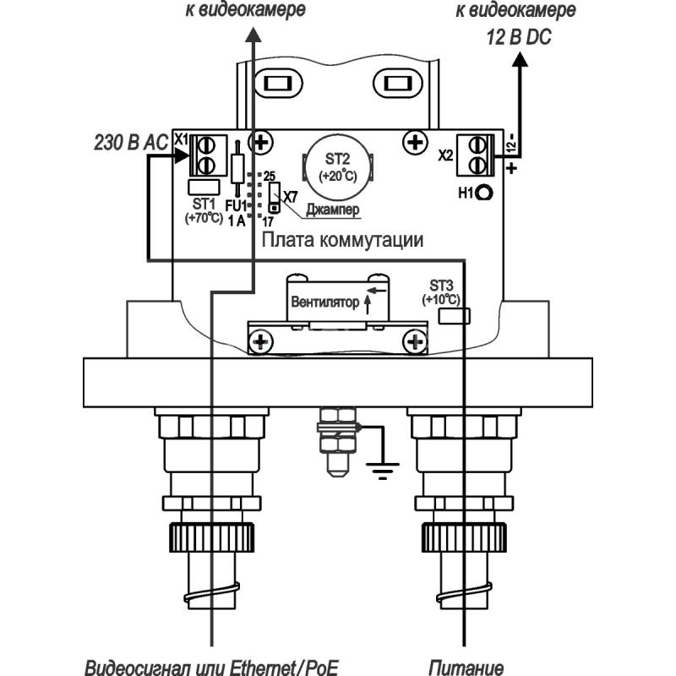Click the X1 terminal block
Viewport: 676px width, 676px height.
click(208, 155)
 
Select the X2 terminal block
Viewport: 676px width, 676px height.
click(475, 155)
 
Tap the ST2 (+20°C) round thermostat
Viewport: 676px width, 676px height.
click(337, 165)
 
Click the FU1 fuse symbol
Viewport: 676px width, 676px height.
click(237, 169)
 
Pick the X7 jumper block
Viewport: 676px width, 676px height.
click(274, 197)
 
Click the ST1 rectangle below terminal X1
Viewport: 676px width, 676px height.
click(204, 187)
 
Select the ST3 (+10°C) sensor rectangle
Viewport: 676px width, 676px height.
click(454, 316)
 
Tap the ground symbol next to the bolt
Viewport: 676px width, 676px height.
click(383, 471)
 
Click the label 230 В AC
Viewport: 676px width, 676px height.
click(131, 142)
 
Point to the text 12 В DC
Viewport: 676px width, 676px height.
click(519, 37)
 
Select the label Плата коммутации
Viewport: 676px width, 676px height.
click(342, 240)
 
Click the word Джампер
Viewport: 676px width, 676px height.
click(332, 210)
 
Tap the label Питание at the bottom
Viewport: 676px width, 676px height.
click(466, 668)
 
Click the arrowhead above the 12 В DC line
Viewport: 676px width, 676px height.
click(521, 59)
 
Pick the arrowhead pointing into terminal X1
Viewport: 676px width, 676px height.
click(182, 155)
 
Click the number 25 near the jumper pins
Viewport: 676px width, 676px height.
click(270, 176)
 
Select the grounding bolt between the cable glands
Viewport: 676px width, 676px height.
click(337, 441)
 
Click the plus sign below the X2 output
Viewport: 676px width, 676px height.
click(511, 167)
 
